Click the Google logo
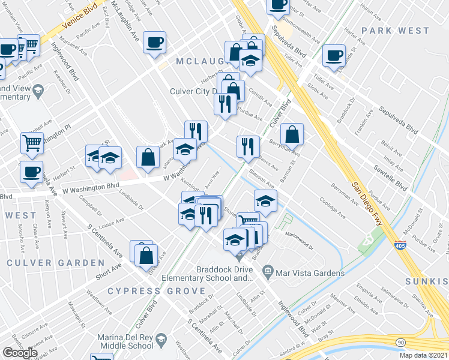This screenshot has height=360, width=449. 20,353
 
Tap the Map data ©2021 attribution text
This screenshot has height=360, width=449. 424,355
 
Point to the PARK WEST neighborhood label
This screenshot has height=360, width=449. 396,31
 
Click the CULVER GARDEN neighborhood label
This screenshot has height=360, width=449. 56,263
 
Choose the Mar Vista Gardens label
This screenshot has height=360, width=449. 310,274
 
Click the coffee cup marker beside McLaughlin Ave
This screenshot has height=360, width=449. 154,42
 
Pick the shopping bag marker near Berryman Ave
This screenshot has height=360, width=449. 292,134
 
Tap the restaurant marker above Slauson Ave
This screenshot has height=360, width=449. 247,146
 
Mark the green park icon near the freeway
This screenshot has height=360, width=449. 366,240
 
